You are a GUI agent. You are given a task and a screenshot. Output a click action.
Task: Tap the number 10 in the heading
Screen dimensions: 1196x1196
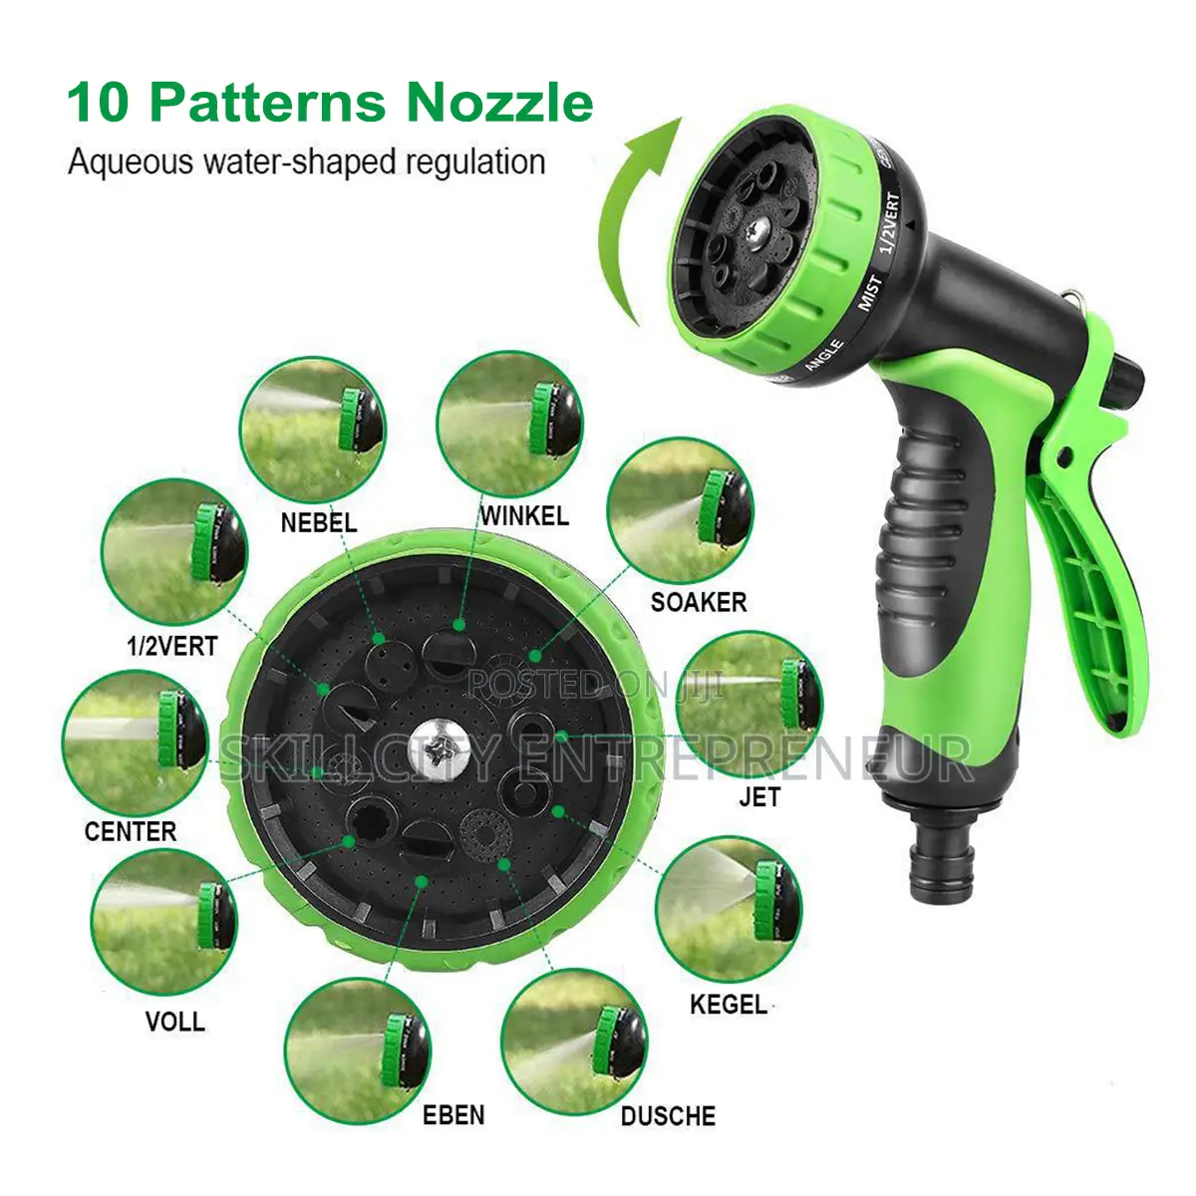coord(97,103)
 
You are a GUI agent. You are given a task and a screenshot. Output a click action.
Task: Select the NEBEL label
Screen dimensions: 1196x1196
coord(318,522)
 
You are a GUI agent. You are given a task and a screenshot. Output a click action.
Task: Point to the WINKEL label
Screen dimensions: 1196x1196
coord(524,515)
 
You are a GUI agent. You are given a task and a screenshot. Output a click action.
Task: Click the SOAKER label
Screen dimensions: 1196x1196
coord(699,602)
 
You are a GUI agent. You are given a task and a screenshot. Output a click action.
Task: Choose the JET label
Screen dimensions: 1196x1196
coord(759,796)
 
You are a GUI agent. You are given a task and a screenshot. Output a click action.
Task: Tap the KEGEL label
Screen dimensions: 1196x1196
coord(729,1004)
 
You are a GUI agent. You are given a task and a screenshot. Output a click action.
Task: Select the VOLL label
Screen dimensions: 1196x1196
coord(175,1022)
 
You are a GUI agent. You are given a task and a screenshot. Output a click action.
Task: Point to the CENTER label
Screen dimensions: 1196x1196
coord(131,831)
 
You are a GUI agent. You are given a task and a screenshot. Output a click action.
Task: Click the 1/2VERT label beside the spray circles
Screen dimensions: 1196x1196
coord(171,647)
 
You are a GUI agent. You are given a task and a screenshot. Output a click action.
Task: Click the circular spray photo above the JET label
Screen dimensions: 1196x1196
coord(749,705)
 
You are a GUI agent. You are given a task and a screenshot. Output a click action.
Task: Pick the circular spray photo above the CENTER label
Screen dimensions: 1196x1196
coord(136,743)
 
